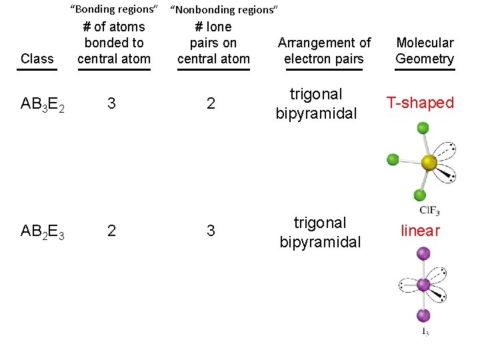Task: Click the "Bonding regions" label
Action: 114,9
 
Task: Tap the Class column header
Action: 37,58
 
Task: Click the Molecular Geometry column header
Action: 425,51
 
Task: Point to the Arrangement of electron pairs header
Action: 324,51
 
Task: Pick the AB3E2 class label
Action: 43,104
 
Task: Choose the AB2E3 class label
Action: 43,231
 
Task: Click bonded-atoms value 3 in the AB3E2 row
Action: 111,103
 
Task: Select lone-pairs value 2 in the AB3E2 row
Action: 211,103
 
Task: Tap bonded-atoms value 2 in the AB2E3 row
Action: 111,231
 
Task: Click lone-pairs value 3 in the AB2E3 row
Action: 211,231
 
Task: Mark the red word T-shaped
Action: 421,103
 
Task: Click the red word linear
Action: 420,231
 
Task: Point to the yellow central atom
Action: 429,162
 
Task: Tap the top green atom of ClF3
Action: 421,127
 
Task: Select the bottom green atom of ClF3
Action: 420,195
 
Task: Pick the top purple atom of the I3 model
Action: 423,253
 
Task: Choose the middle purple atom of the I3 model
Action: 423,285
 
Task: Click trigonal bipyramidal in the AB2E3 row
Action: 320,232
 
